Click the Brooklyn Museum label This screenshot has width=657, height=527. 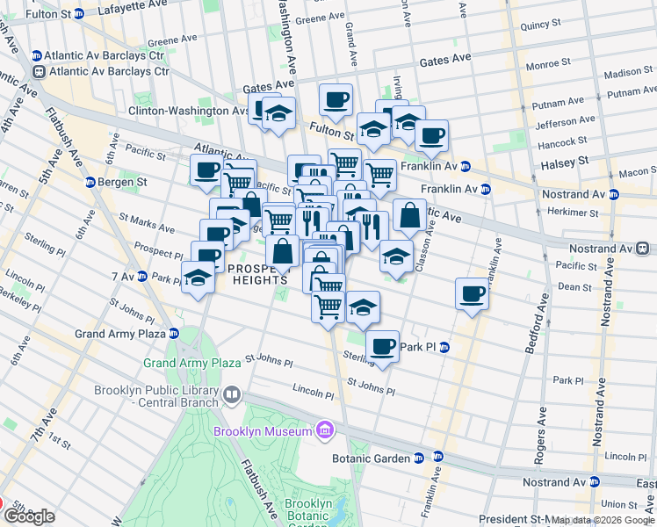pos(263,431)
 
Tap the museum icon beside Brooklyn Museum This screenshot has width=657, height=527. pos(325,430)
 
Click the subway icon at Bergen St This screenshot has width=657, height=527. pos(90,182)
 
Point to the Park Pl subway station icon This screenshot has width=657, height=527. pos(444,347)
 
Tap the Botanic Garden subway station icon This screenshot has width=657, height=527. pos(419,458)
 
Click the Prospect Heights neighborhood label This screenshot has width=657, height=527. pos(257,273)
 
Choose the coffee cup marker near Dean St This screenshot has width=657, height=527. pos(472,292)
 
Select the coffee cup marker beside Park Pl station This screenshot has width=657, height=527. pos(383,346)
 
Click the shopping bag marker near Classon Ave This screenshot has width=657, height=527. pos(408,214)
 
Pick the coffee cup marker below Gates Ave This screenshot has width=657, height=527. pos(335,99)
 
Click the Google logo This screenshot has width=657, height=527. pos(29,516)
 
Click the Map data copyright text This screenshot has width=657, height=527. pos(602,520)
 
